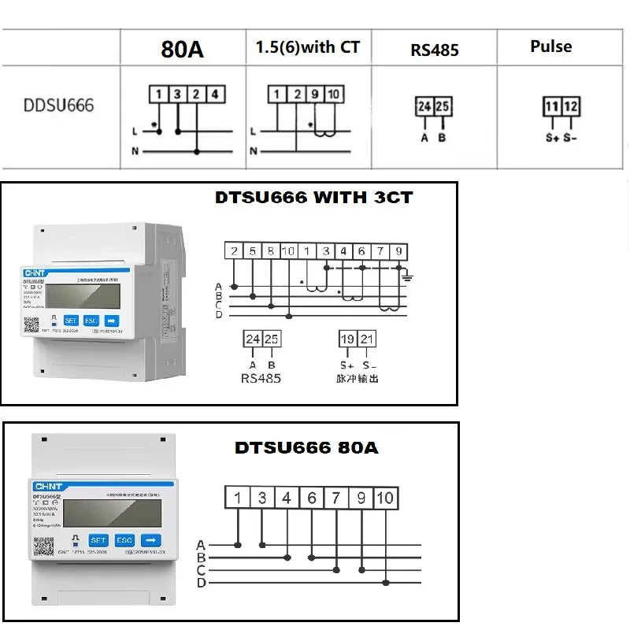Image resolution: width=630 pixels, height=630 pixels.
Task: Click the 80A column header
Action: tap(182, 49)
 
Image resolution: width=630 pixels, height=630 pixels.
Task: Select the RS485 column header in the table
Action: tap(435, 50)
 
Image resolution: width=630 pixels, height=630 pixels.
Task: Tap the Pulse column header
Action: tap(550, 46)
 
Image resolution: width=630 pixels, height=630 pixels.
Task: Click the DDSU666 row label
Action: tap(58, 105)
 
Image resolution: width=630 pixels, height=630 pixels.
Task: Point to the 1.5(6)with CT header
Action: tap(308, 47)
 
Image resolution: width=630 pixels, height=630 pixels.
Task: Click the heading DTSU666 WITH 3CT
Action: tap(313, 198)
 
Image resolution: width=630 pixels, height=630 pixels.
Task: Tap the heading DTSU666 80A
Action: tap(306, 448)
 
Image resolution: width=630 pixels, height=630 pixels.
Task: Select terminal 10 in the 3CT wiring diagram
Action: tap(289, 252)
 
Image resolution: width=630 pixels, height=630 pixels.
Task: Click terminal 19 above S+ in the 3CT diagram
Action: tap(347, 339)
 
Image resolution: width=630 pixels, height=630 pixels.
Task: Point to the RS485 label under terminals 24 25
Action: tap(261, 378)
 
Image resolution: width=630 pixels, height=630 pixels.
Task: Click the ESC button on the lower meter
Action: tap(124, 540)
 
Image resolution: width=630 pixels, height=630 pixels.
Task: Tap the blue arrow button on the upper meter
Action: tap(112, 321)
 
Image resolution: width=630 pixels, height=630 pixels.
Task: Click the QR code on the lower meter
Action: tap(44, 547)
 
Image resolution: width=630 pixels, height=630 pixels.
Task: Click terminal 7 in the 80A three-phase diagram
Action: tap(336, 498)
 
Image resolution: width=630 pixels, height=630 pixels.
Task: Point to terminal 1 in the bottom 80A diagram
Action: tap(237, 498)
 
